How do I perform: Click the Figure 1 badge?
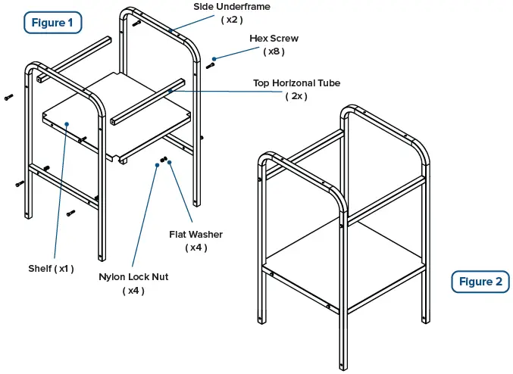pyautogui.click(x=52, y=23)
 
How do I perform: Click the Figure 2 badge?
pyautogui.click(x=480, y=282)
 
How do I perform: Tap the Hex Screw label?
pyautogui.click(x=274, y=38)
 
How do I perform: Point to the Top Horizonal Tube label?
pyautogui.click(x=296, y=83)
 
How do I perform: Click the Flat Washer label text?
pyautogui.click(x=196, y=234)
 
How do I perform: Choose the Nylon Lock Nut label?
pyautogui.click(x=133, y=277)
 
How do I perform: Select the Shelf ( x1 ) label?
pyautogui.click(x=52, y=268)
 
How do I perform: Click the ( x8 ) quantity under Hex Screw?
pyautogui.click(x=274, y=51)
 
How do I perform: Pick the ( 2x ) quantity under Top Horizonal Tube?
pyautogui.click(x=296, y=96)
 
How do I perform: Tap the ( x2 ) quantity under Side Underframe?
pyautogui.click(x=232, y=20)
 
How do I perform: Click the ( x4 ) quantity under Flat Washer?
pyautogui.click(x=196, y=248)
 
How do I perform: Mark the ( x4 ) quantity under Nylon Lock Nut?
pyautogui.click(x=133, y=291)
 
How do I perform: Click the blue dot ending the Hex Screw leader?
pyautogui.click(x=215, y=58)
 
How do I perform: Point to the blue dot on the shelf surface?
pyautogui.click(x=67, y=123)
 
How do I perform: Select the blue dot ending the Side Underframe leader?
pyautogui.click(x=173, y=30)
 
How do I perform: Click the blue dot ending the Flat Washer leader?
pyautogui.click(x=170, y=161)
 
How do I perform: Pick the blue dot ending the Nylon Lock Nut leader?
pyautogui.click(x=157, y=164)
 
